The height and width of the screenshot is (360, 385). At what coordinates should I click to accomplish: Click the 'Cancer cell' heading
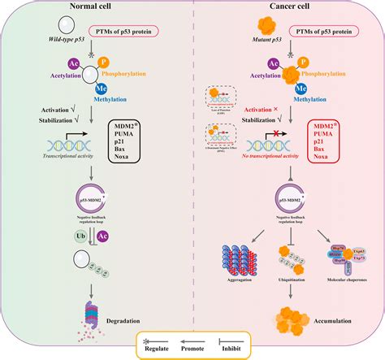[x=287, y=7]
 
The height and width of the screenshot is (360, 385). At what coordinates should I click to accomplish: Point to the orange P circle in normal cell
[x=103, y=62]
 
